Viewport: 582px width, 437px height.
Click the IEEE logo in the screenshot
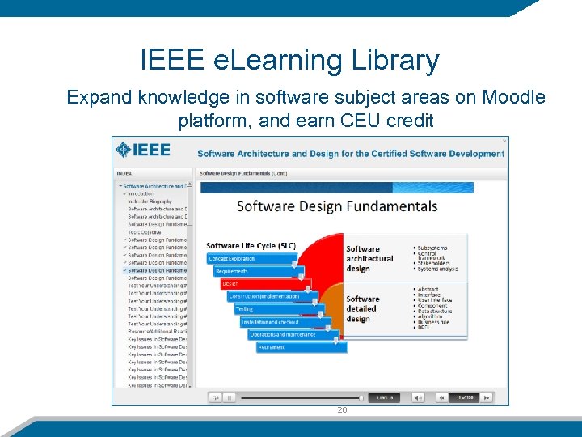(143, 151)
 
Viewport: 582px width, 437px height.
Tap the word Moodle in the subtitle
(513, 98)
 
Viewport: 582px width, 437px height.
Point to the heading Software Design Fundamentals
(337, 206)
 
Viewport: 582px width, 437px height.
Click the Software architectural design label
(369, 259)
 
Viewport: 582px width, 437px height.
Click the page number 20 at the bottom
(342, 410)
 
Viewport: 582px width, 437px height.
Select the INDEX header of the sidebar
(124, 172)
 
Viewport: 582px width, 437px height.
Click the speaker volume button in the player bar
(418, 397)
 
